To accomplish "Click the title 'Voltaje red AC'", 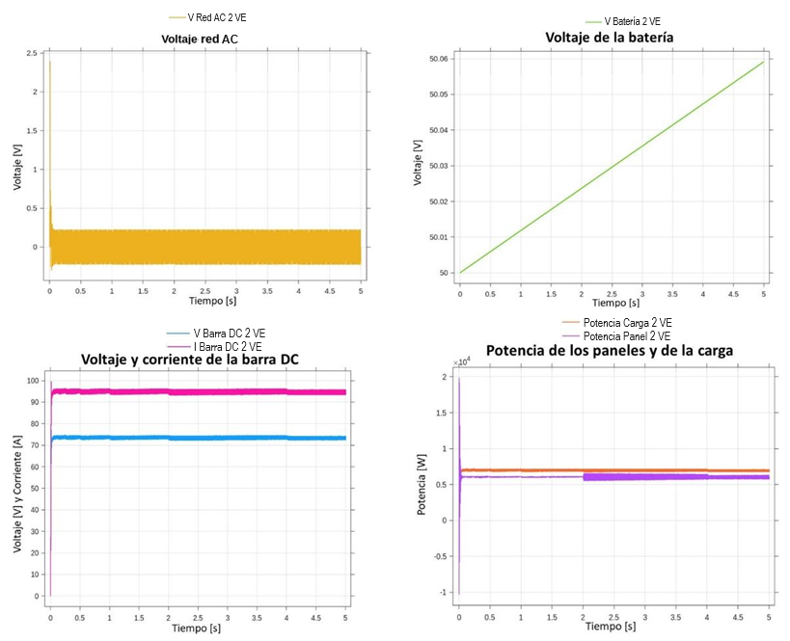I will click(199, 39).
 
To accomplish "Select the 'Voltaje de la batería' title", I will click(608, 38).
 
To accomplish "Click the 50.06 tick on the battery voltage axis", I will click(437, 59).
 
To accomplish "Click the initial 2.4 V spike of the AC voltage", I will click(49, 64).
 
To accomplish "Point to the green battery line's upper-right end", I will click(763, 63).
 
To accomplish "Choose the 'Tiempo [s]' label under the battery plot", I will click(611, 302).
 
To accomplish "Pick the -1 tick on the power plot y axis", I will click(445, 592).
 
